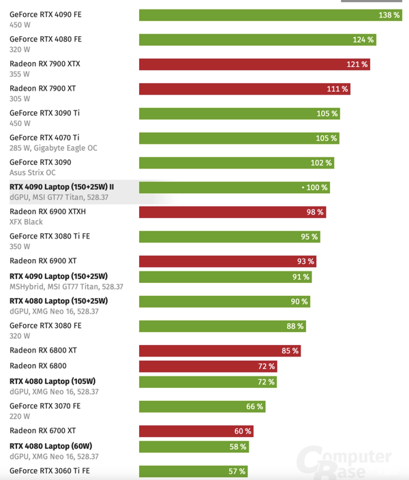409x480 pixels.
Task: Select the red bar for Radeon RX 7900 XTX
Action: pyautogui.click(x=254, y=64)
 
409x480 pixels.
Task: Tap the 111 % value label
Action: pyautogui.click(x=337, y=89)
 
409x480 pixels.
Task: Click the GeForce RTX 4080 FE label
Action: pyautogui.click(x=46, y=40)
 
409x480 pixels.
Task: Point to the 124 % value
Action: pyautogui.click(x=363, y=40)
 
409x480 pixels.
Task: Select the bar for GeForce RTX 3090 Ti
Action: pyautogui.click(x=239, y=114)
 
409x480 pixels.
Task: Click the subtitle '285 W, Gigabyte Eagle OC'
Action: pyautogui.click(x=53, y=148)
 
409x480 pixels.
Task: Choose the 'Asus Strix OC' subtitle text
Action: pyautogui.click(x=33, y=172)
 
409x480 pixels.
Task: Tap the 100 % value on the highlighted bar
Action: pyautogui.click(x=316, y=187)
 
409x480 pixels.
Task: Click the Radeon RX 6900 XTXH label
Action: pyautogui.click(x=48, y=211)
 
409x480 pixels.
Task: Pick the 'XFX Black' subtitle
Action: pyautogui.click(x=26, y=222)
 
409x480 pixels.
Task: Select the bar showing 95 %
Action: pyautogui.click(x=230, y=237)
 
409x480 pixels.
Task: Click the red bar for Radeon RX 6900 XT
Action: pyautogui.click(x=228, y=261)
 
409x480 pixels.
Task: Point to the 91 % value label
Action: pyautogui.click(x=301, y=277)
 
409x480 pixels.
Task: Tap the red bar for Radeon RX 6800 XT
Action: pyautogui.click(x=219, y=351)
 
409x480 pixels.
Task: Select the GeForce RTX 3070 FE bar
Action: pyautogui.click(x=202, y=406)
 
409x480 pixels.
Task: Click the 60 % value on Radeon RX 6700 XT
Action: pyautogui.click(x=243, y=432)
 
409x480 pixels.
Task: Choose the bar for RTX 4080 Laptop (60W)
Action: pyautogui.click(x=194, y=447)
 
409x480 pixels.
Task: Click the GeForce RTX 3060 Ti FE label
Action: pyautogui.click(x=50, y=470)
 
